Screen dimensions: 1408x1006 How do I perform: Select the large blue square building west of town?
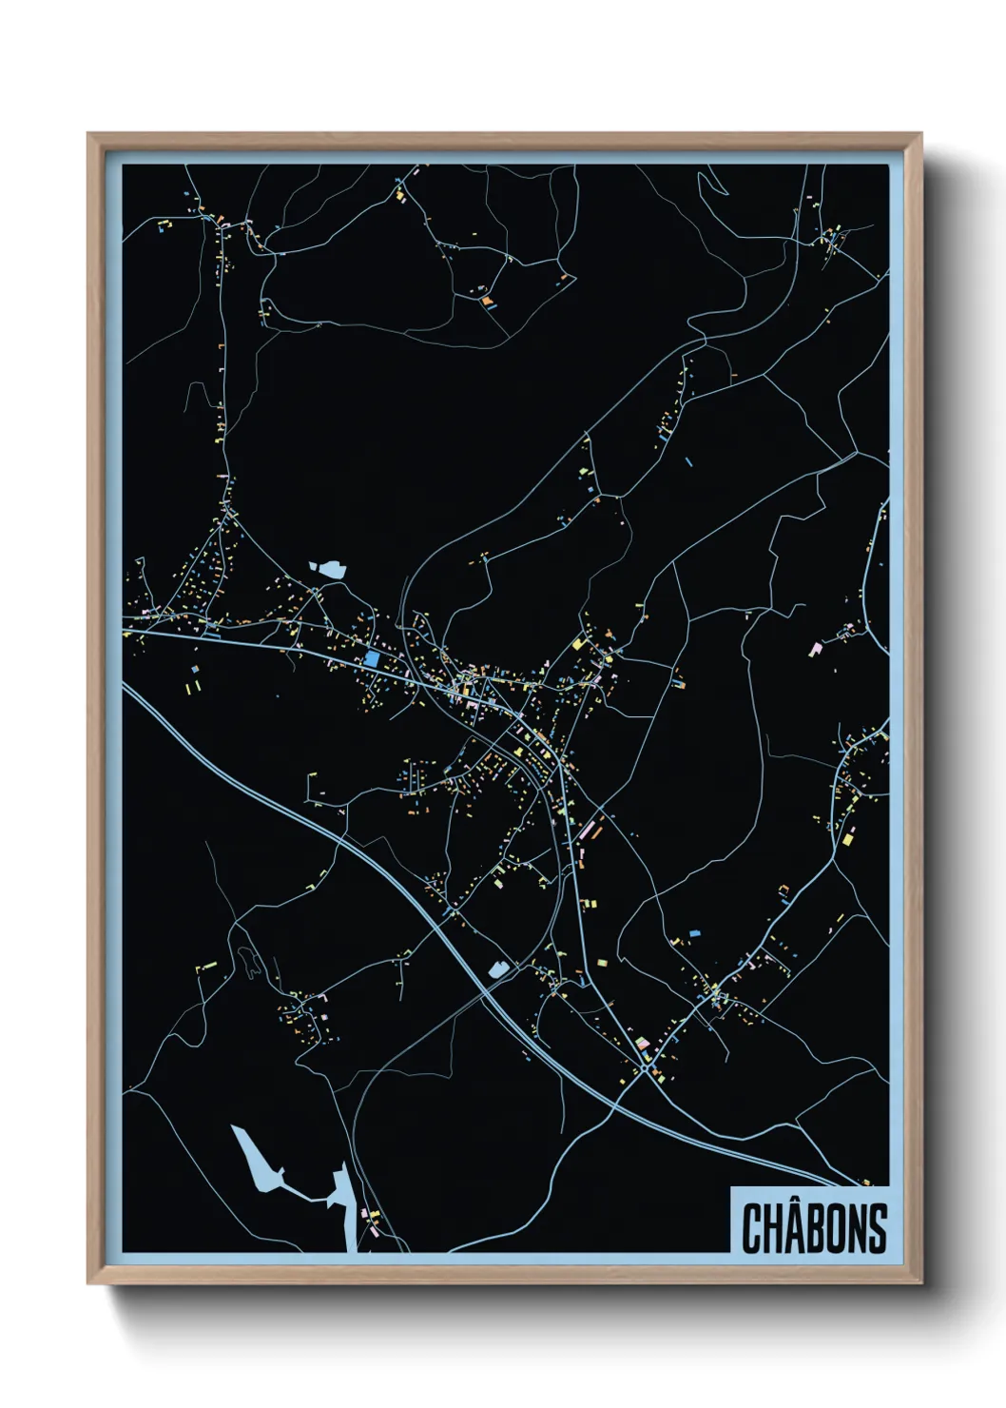point(371,658)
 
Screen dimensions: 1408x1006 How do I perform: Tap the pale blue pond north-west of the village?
point(329,569)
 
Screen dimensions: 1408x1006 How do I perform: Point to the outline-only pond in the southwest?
point(249,963)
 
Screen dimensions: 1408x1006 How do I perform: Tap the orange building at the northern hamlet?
point(488,301)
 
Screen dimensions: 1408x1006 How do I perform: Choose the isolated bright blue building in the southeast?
point(694,933)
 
